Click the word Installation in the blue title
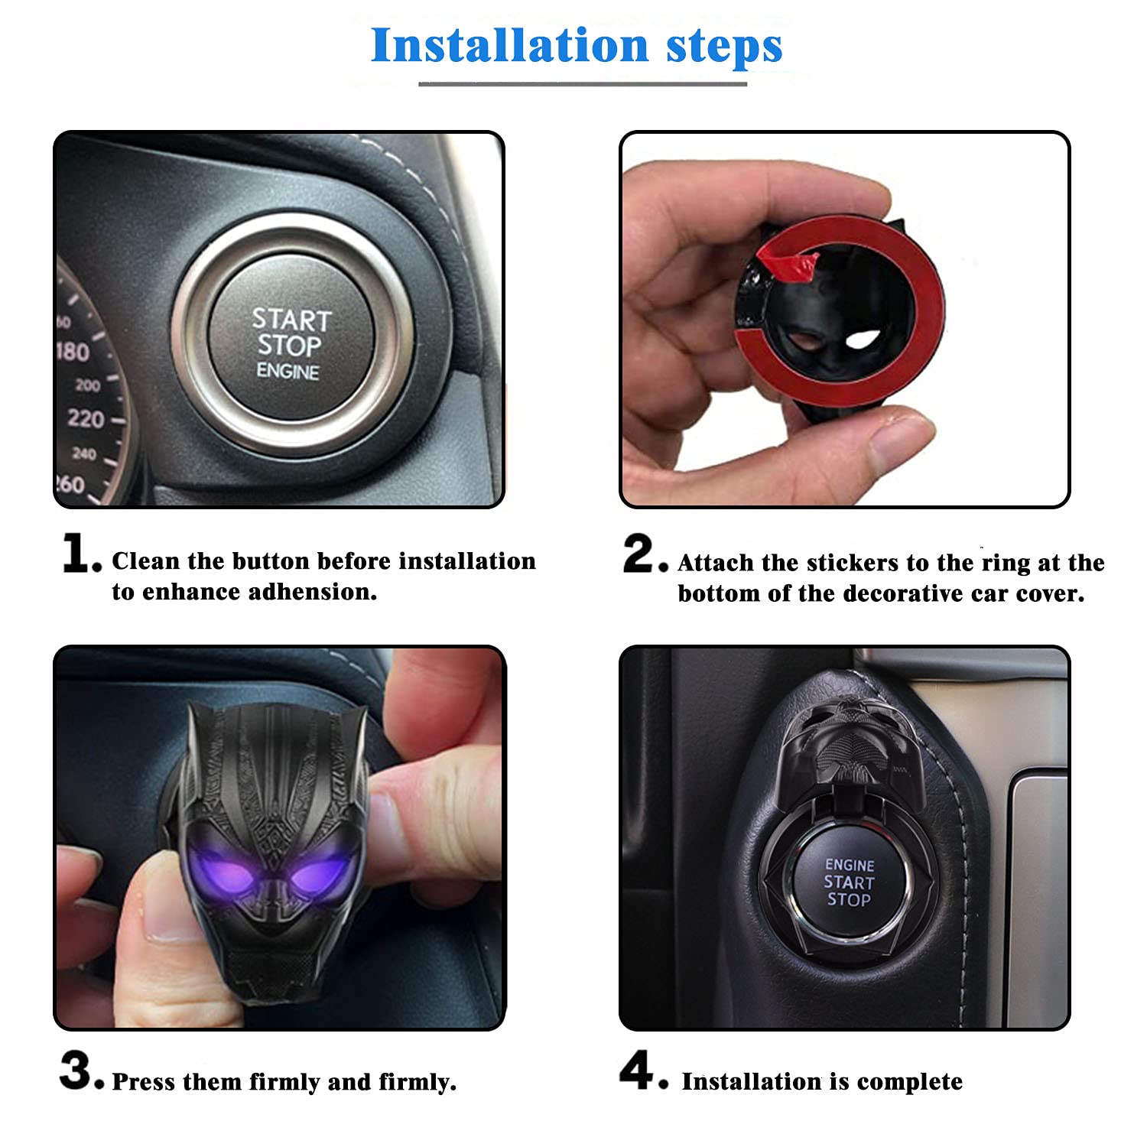click(510, 46)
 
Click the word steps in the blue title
click(724, 46)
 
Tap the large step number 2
click(641, 553)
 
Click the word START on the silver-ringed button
click(292, 319)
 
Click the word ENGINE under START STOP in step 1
click(288, 372)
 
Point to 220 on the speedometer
click(85, 418)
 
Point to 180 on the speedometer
click(73, 352)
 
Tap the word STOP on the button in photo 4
click(849, 900)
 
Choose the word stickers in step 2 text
click(853, 563)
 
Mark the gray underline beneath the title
click(583, 83)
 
